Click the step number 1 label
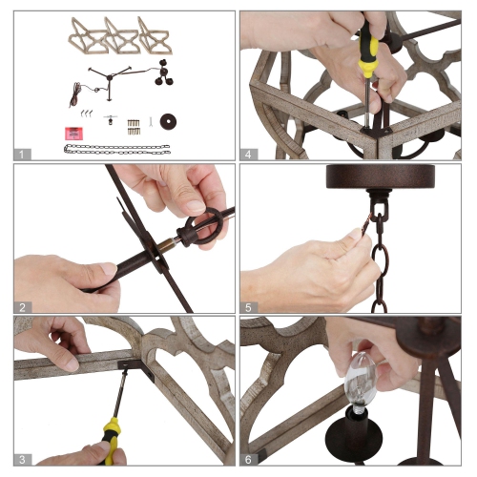(22, 155)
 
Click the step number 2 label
(22, 307)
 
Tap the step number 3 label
(22, 460)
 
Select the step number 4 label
(248, 155)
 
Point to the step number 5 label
(248, 307)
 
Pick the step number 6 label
(248, 460)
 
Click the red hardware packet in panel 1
(73, 134)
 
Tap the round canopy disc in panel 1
(168, 121)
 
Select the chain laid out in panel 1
(117, 150)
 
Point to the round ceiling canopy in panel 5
(381, 176)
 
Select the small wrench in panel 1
(152, 122)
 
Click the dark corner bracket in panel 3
(136, 369)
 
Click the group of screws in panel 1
(134, 127)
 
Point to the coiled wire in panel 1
(75, 94)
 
